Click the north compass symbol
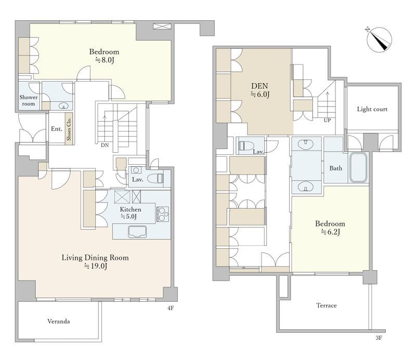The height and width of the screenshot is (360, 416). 379,39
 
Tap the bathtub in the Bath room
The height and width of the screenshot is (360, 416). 358,168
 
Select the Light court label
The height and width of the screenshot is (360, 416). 372,109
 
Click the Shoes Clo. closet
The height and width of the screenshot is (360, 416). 69,129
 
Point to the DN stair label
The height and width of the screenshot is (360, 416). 105,145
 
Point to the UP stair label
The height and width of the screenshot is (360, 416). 327,121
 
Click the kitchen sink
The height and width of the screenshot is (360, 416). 137,232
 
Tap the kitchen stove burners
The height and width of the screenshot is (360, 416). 162,214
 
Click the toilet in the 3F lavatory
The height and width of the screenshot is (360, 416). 245,146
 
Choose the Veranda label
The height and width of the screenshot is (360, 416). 59,321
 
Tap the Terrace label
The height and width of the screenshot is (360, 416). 327,305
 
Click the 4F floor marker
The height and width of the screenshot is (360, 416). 171,308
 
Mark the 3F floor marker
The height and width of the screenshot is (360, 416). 379,338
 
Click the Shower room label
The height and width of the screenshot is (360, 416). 29,100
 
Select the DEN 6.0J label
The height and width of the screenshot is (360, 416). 259,90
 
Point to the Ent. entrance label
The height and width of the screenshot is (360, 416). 57,129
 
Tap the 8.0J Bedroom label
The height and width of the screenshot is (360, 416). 104,56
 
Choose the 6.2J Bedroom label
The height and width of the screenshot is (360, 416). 330,228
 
